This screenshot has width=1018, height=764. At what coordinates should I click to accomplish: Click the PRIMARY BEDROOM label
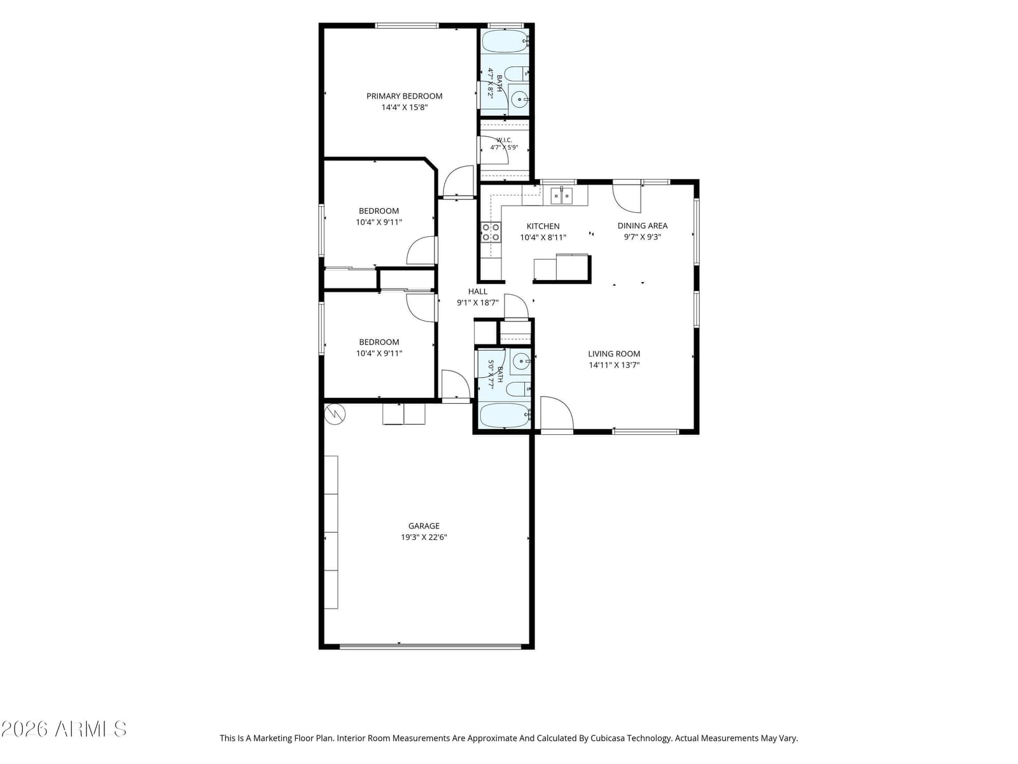point(404,96)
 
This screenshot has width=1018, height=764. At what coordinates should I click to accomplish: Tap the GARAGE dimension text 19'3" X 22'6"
point(424,537)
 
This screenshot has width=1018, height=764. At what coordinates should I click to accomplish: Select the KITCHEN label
point(543,227)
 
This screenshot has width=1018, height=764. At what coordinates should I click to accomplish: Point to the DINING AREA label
point(642,226)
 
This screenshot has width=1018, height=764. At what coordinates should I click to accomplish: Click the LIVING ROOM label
point(613,354)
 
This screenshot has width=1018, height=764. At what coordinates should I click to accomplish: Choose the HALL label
point(477,292)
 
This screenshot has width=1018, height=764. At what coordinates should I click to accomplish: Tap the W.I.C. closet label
point(504,140)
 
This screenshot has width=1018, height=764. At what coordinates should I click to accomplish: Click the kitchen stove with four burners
point(491,232)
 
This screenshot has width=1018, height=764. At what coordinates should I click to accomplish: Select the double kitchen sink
point(561,195)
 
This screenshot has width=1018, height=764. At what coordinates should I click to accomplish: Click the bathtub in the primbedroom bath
point(504,42)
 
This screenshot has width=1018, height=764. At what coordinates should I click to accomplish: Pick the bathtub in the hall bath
point(504,416)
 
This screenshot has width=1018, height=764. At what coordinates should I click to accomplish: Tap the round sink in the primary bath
point(519,99)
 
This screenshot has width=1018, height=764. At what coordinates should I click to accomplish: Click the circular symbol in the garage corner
point(335,414)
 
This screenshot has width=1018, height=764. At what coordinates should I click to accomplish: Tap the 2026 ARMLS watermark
point(64,729)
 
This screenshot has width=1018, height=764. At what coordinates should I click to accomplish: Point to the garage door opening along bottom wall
point(430,646)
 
